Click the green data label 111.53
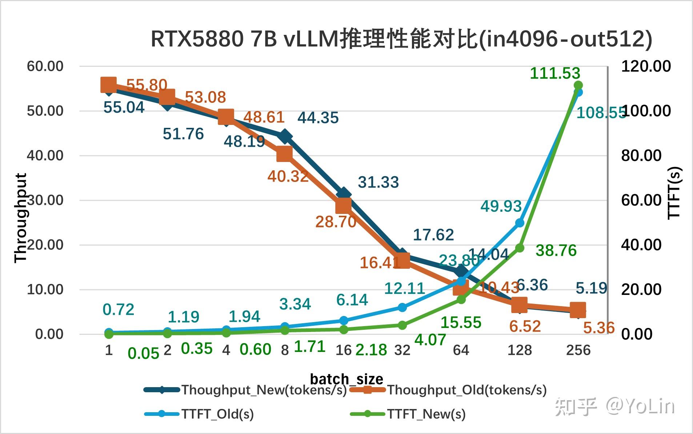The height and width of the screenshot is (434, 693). (555, 73)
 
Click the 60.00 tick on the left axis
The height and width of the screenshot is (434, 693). (45, 66)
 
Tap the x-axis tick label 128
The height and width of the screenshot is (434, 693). (520, 350)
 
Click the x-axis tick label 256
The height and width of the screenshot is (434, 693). (578, 350)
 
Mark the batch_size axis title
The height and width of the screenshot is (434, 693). (346, 379)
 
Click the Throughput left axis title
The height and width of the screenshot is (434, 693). (21, 218)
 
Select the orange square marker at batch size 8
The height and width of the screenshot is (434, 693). (285, 155)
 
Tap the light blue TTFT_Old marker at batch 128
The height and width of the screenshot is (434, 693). (520, 223)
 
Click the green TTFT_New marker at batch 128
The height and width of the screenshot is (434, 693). (520, 248)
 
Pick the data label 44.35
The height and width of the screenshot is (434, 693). (318, 118)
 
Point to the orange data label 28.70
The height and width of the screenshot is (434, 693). (336, 222)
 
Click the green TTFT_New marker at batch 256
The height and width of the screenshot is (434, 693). (578, 85)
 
